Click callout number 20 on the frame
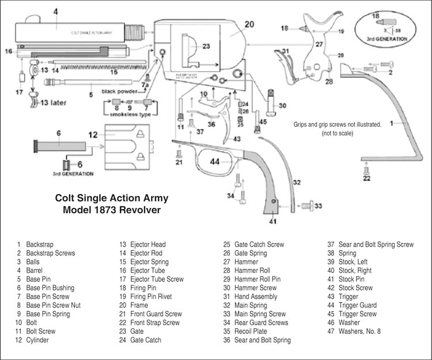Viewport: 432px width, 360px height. [x=249, y=24]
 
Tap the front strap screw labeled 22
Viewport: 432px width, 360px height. [x=366, y=167]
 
